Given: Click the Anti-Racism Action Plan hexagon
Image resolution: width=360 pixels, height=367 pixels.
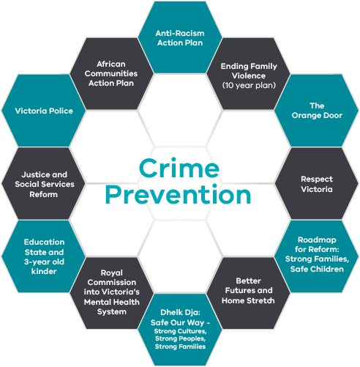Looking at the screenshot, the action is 180,37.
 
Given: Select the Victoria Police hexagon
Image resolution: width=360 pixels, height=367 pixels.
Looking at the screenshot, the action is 44,111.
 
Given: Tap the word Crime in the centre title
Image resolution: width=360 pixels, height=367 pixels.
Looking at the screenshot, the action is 179,168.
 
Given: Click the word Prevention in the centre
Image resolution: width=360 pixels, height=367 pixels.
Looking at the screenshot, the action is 179,195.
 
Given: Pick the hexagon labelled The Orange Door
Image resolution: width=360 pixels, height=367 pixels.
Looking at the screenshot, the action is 317,111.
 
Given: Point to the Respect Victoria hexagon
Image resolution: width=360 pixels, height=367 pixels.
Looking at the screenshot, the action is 317,184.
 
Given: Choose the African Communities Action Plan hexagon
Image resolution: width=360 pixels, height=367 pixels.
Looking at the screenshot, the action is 112,74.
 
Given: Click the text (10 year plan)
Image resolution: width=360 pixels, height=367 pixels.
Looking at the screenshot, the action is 249,86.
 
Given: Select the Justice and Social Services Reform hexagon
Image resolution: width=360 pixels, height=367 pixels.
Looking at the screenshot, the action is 44,184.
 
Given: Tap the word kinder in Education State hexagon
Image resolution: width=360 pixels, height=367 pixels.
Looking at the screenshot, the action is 44,271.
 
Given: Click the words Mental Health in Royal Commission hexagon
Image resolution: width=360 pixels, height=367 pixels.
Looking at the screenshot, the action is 112,302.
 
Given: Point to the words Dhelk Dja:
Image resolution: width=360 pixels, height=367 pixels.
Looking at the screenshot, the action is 180,313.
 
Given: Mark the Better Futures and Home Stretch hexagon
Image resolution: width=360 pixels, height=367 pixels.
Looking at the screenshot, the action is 248,294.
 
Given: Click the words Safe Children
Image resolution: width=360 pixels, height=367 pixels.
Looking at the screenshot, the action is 317,269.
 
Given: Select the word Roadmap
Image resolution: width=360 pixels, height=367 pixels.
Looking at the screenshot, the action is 317,240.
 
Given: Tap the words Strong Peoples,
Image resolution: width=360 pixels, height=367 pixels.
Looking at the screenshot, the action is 180,339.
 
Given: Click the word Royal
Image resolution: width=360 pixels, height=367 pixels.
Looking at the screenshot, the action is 112,273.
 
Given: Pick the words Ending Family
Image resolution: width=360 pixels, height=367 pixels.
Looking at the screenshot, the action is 249,66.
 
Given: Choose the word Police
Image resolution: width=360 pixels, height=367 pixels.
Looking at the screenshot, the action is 61,111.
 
